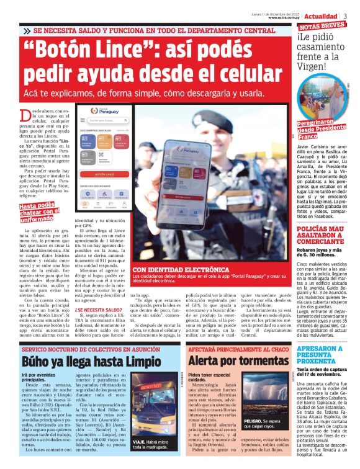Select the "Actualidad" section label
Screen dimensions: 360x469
coord(321,16)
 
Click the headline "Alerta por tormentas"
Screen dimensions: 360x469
coord(222,361)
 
